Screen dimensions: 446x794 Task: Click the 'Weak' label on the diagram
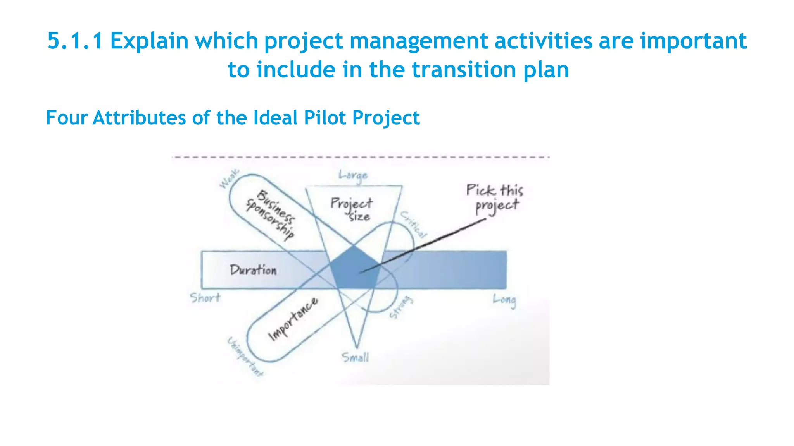(229, 179)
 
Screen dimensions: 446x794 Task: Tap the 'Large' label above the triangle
(353, 175)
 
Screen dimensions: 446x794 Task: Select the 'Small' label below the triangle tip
(355, 357)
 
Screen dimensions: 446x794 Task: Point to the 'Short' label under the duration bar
(205, 298)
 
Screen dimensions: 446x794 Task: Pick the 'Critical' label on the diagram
(414, 225)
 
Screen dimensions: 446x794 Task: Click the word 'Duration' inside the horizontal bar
(253, 270)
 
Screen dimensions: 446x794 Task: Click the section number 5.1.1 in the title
(75, 41)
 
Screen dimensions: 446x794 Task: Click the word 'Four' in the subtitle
(67, 118)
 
